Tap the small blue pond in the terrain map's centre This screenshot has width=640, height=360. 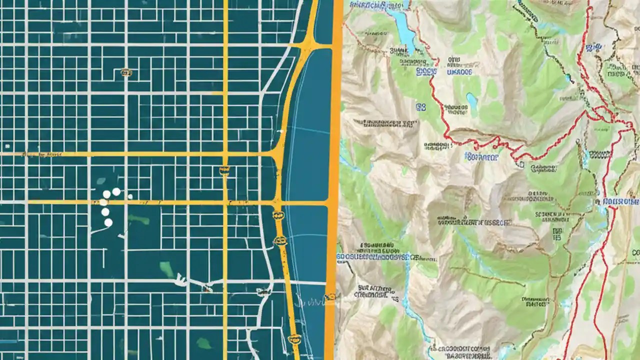[x=471, y=99]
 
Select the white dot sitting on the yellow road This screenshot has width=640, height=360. [x=103, y=202]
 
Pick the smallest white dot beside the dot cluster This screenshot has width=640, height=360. [x=130, y=196]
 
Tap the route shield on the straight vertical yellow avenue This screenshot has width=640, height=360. [x=224, y=170]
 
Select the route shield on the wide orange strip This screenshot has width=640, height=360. [x=330, y=296]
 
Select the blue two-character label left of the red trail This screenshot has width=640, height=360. [x=420, y=106]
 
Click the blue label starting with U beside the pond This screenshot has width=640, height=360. [x=458, y=72]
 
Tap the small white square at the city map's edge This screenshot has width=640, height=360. [x=7, y=146]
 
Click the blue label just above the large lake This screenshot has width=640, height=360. [x=377, y=6]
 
